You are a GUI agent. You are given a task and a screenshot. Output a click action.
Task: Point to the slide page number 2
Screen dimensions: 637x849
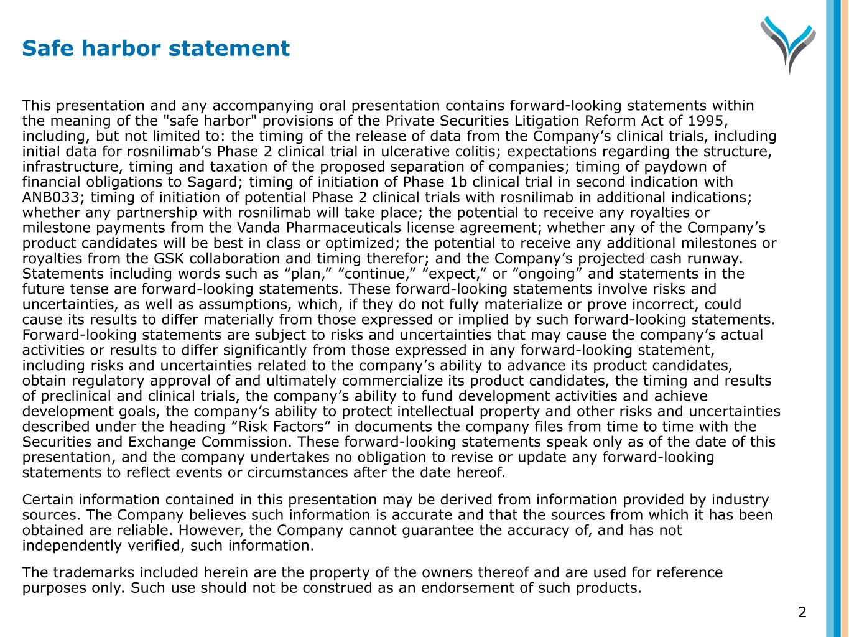tap(802, 612)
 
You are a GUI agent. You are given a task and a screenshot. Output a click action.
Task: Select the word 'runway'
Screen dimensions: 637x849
tap(715, 259)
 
